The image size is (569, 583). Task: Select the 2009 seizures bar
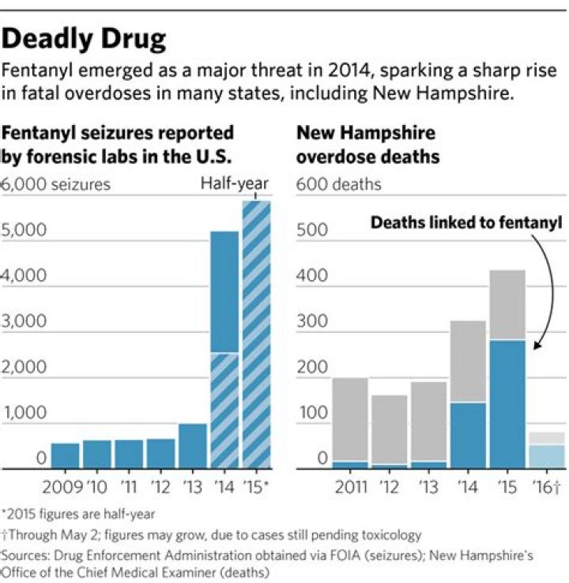click(x=66, y=455)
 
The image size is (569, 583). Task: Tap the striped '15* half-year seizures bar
click(x=257, y=332)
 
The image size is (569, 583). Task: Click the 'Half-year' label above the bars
click(x=234, y=184)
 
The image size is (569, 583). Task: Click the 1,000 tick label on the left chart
click(x=24, y=413)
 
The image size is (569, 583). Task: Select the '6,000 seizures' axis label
click(x=57, y=185)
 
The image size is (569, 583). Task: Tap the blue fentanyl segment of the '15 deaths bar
click(x=507, y=403)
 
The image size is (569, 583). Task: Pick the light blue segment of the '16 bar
click(x=547, y=456)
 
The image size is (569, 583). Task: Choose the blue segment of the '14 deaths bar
click(x=468, y=435)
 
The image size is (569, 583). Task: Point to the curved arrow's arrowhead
click(x=537, y=346)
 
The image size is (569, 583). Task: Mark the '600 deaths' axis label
click(x=338, y=185)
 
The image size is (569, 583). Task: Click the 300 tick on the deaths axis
click(x=311, y=322)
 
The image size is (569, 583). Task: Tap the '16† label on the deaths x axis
click(x=547, y=484)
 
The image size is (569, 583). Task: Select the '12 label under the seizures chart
click(x=160, y=484)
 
